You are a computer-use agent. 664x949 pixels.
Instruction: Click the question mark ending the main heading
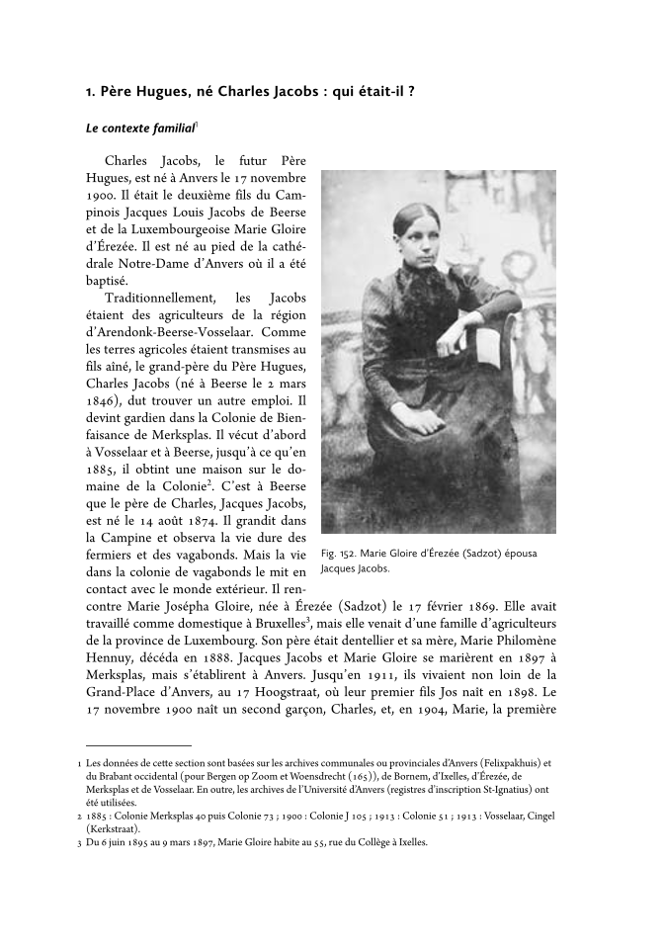coord(410,92)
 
